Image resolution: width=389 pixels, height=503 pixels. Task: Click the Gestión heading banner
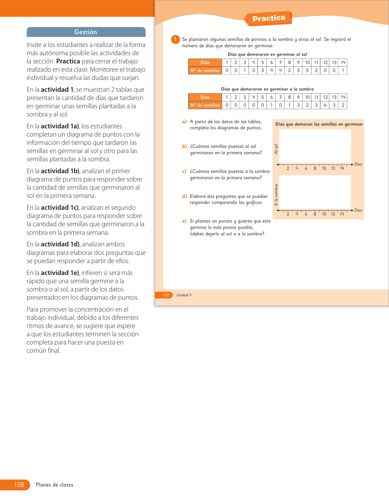coord(86,32)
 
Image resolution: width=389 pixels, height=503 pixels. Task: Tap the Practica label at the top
coord(268,19)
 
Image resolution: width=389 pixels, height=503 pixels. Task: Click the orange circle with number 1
coord(175,40)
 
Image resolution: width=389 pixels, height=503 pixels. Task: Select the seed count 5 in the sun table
coord(307,70)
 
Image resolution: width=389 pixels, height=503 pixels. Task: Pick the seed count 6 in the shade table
coord(325,105)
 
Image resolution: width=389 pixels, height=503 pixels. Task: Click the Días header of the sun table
coord(205,62)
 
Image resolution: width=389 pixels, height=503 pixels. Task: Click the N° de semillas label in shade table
coord(205,105)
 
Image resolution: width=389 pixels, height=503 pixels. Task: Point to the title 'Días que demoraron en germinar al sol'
coord(267,54)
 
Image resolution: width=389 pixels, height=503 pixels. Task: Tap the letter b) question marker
coord(184,146)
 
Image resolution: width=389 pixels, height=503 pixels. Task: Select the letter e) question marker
coord(184,221)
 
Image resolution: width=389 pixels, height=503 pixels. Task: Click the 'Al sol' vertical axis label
coord(276,149)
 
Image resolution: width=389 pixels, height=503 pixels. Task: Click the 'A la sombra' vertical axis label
coord(276,195)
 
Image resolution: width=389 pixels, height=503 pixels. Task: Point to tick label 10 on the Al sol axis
coord(324,169)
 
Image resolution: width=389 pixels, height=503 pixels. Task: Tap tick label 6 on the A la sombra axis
coord(306,214)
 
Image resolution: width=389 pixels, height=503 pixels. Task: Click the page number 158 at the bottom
coord(19,485)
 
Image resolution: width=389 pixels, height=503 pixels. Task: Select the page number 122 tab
coord(166,295)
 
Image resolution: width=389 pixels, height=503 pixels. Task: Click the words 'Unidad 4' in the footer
coord(184,295)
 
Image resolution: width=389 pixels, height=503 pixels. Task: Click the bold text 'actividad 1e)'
coord(60,273)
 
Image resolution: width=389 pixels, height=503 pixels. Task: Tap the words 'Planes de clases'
coord(55,485)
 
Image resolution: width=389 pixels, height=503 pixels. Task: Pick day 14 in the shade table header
coord(343,97)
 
